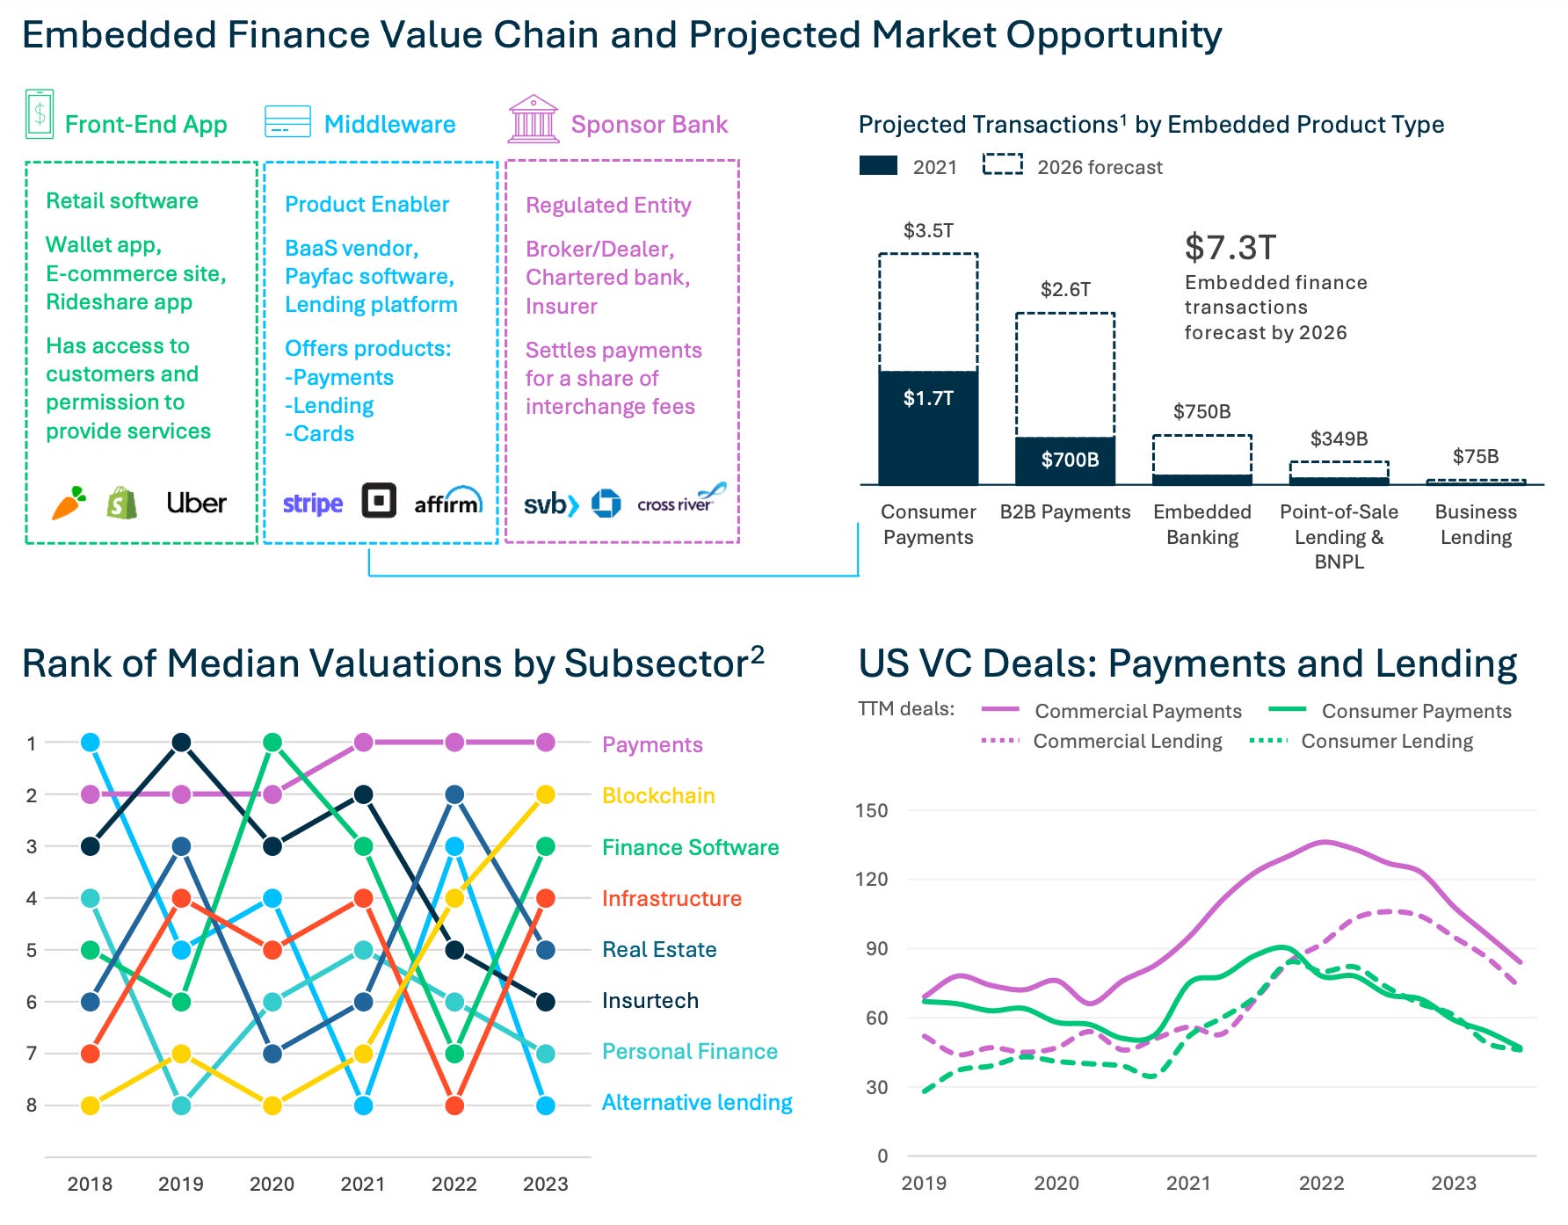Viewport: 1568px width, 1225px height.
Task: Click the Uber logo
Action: (x=196, y=503)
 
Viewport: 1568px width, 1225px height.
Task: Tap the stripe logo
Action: (x=312, y=504)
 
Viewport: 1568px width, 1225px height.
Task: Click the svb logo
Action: (x=550, y=504)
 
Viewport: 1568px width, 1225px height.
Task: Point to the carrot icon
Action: (x=69, y=503)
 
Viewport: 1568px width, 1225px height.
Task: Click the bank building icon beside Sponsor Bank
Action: (x=533, y=120)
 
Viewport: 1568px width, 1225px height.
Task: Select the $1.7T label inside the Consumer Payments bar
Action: (x=928, y=398)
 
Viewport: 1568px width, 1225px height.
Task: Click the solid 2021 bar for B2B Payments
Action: (x=1065, y=460)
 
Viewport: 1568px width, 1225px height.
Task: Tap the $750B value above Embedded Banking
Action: (x=1201, y=411)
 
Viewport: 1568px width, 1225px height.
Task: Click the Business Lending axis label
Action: (x=1476, y=525)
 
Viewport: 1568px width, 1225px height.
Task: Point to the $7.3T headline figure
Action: (x=1230, y=248)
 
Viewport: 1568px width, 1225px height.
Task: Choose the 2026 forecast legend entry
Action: (x=1072, y=167)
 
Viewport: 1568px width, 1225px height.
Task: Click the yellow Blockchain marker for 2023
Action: (x=545, y=794)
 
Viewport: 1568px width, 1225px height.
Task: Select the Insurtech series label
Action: (x=650, y=1001)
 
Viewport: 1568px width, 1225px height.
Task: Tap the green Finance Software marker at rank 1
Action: (x=272, y=743)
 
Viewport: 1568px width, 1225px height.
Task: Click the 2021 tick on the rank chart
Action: (x=363, y=1184)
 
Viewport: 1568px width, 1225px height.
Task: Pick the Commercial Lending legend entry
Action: (x=1102, y=741)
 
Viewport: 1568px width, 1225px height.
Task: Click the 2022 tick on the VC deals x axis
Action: (x=1321, y=1183)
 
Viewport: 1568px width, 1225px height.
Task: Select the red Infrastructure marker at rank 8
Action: (x=454, y=1105)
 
